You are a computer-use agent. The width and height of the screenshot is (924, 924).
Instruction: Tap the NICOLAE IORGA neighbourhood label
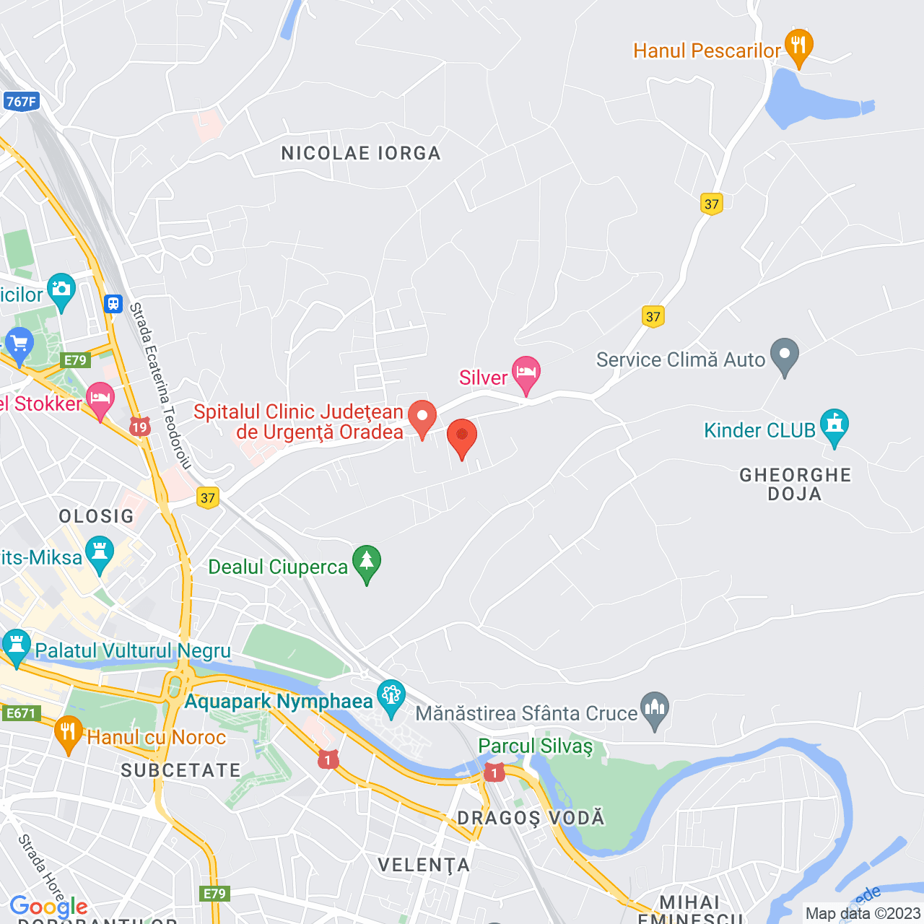coord(361,153)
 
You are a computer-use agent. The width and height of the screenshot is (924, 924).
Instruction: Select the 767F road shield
coord(20,102)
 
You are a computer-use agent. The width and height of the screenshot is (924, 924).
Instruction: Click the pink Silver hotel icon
coord(526,373)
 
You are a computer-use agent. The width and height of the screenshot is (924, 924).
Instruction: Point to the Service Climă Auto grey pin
coord(785,355)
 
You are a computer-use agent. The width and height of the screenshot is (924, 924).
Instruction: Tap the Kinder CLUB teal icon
coord(834,426)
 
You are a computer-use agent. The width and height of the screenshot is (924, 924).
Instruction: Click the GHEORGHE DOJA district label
coord(795,484)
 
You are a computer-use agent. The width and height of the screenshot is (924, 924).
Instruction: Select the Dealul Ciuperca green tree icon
coord(367,562)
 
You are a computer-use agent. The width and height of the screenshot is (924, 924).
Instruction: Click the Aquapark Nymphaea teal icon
coord(391,697)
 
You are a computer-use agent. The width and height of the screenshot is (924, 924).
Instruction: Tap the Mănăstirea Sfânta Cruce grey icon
coord(655,709)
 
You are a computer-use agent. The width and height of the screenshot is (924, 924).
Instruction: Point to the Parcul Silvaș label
coord(535,746)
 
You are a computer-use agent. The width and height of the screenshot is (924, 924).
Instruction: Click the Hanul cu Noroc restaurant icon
coord(68,733)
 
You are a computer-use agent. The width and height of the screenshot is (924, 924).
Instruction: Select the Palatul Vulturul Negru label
coord(133,650)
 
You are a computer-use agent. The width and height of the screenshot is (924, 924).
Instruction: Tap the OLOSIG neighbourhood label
coord(97,516)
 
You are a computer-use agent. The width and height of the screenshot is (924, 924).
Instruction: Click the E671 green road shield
coord(20,713)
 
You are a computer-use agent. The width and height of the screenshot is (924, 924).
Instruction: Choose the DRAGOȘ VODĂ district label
coord(531,818)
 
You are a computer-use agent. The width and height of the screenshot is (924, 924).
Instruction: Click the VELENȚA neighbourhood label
coord(424,865)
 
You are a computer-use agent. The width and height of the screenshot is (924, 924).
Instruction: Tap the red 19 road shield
coord(139,427)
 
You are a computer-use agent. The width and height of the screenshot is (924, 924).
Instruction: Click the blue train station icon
coord(113,303)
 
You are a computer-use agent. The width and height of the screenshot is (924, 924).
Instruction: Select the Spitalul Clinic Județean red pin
coord(422,417)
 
